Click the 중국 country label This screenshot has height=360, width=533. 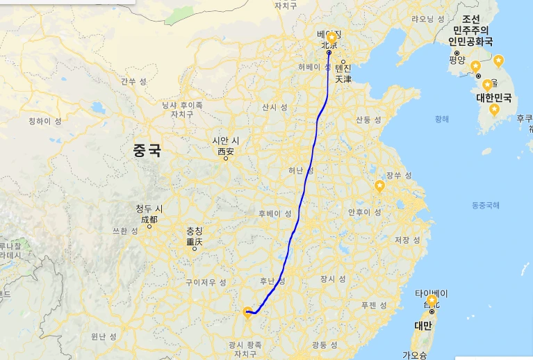point(147,149)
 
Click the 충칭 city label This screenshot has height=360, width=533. point(195,232)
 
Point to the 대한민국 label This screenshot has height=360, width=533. point(493,97)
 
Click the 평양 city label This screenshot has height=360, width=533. point(457,60)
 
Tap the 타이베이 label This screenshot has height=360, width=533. point(431,293)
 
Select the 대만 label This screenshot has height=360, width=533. point(423,325)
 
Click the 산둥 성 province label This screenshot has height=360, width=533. point(368,120)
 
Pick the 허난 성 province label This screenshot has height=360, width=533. point(301,170)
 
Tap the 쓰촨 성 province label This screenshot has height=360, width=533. point(124,231)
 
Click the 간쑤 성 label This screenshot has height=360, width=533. point(133,81)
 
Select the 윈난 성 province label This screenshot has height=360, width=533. point(103,336)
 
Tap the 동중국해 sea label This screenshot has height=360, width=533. point(485,205)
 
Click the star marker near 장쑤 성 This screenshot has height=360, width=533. point(379,186)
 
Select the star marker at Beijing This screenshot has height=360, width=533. point(331,38)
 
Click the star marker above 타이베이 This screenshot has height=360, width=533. point(432,301)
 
